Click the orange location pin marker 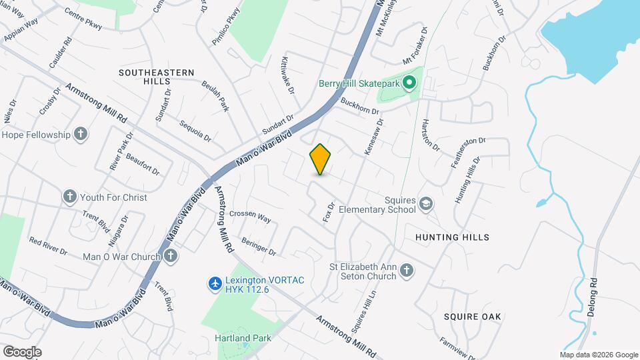point(320,159)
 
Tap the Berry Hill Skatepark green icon point(410,84)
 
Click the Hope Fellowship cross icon point(80,135)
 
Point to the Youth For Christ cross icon point(70,197)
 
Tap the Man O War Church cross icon point(171,257)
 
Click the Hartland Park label point(243,338)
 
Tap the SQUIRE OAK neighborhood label point(472,313)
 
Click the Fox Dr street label point(327,213)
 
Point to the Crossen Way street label point(250,217)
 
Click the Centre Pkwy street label point(83,19)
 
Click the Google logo point(21,351)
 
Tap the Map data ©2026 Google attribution point(598,355)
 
